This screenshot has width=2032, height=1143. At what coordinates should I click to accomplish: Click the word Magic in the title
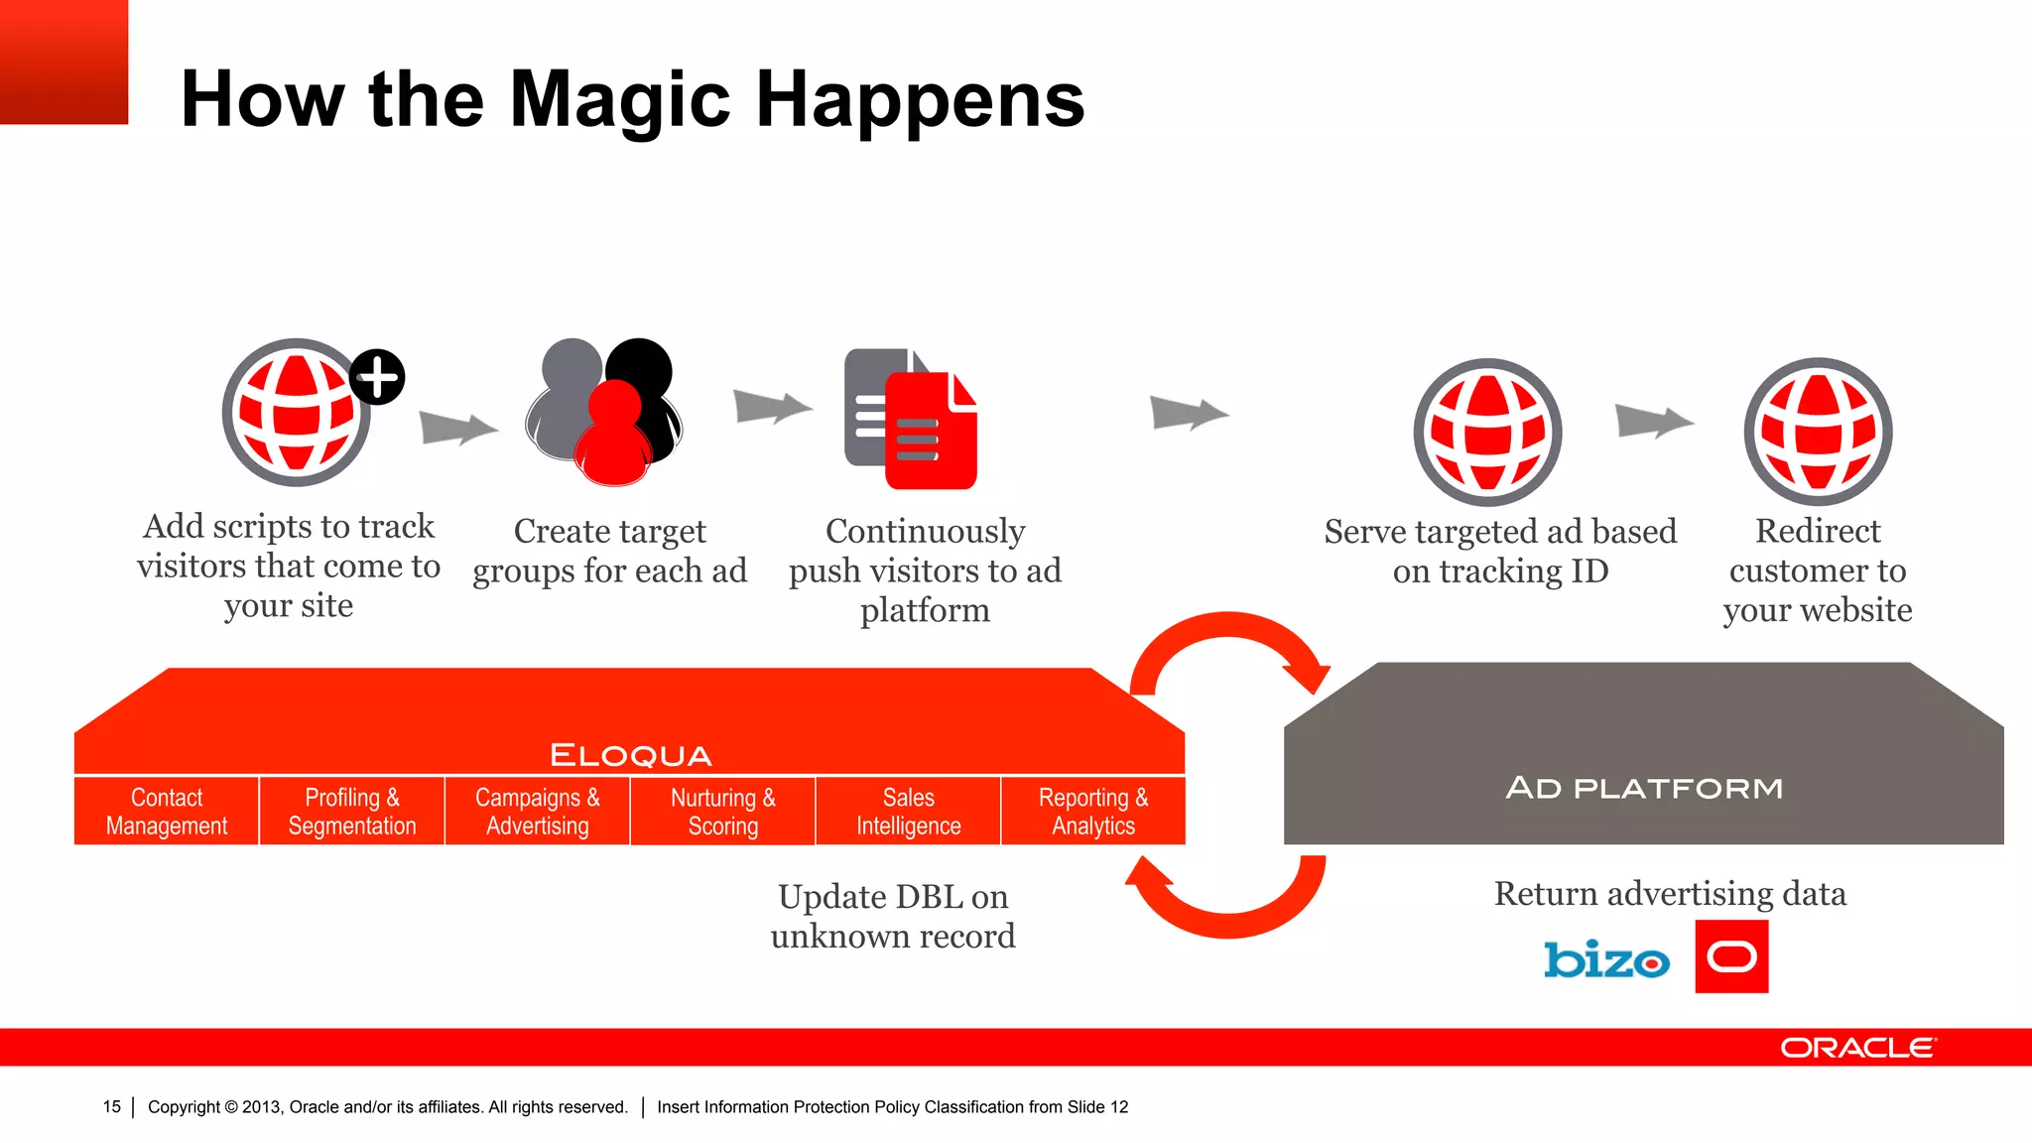click(x=619, y=101)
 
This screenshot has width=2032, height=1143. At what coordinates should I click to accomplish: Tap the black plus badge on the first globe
click(x=377, y=377)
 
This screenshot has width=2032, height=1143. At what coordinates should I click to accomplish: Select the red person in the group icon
click(x=615, y=437)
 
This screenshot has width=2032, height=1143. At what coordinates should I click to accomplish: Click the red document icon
click(x=931, y=433)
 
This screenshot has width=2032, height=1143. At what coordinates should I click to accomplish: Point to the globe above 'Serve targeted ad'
click(x=1487, y=433)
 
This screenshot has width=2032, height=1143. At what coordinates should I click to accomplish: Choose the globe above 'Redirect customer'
click(x=1818, y=433)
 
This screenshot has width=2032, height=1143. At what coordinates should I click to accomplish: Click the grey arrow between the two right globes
click(x=1653, y=421)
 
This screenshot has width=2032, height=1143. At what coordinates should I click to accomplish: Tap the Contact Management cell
click(x=167, y=812)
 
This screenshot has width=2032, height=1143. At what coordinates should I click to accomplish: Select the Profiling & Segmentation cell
click(x=352, y=812)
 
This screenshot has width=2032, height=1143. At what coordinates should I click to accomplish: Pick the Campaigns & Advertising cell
click(x=537, y=812)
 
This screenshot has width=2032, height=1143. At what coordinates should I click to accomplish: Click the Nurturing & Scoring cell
click(x=722, y=812)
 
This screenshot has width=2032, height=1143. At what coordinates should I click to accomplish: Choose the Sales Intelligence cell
click(x=908, y=812)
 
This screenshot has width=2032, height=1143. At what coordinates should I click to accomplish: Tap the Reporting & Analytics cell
click(x=1093, y=812)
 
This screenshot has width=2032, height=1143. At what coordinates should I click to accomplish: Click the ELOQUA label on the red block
click(x=631, y=755)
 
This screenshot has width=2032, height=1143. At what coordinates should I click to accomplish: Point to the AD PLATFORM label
click(x=1644, y=789)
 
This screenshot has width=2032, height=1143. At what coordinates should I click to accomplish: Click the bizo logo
click(x=1606, y=959)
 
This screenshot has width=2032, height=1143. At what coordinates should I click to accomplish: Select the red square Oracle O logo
click(x=1731, y=956)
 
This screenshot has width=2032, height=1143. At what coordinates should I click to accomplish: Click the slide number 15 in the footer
click(x=112, y=1106)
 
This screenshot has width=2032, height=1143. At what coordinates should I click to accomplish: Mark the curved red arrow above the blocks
click(x=1228, y=645)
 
